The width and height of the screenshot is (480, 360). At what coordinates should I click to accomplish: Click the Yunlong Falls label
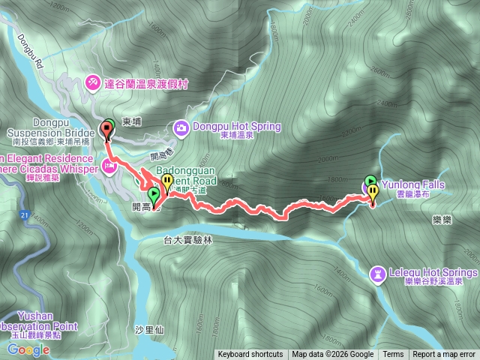pos(412,184)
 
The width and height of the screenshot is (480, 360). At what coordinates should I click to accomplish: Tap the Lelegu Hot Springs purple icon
pos(377,273)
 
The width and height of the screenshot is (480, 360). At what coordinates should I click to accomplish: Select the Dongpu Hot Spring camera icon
pos(181,127)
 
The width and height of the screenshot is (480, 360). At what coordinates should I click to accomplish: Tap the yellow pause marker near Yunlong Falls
pos(373,193)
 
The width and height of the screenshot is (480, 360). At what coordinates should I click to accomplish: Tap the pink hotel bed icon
pos(109,164)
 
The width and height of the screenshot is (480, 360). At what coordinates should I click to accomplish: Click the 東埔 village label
pos(131,120)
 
